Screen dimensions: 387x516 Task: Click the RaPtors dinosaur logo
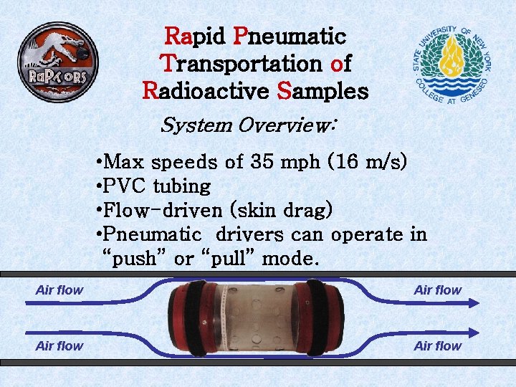(x=58, y=63)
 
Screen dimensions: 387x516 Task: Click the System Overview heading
(x=247, y=125)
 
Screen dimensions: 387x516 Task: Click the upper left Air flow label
(x=59, y=290)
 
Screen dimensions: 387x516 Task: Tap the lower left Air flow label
(x=59, y=346)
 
